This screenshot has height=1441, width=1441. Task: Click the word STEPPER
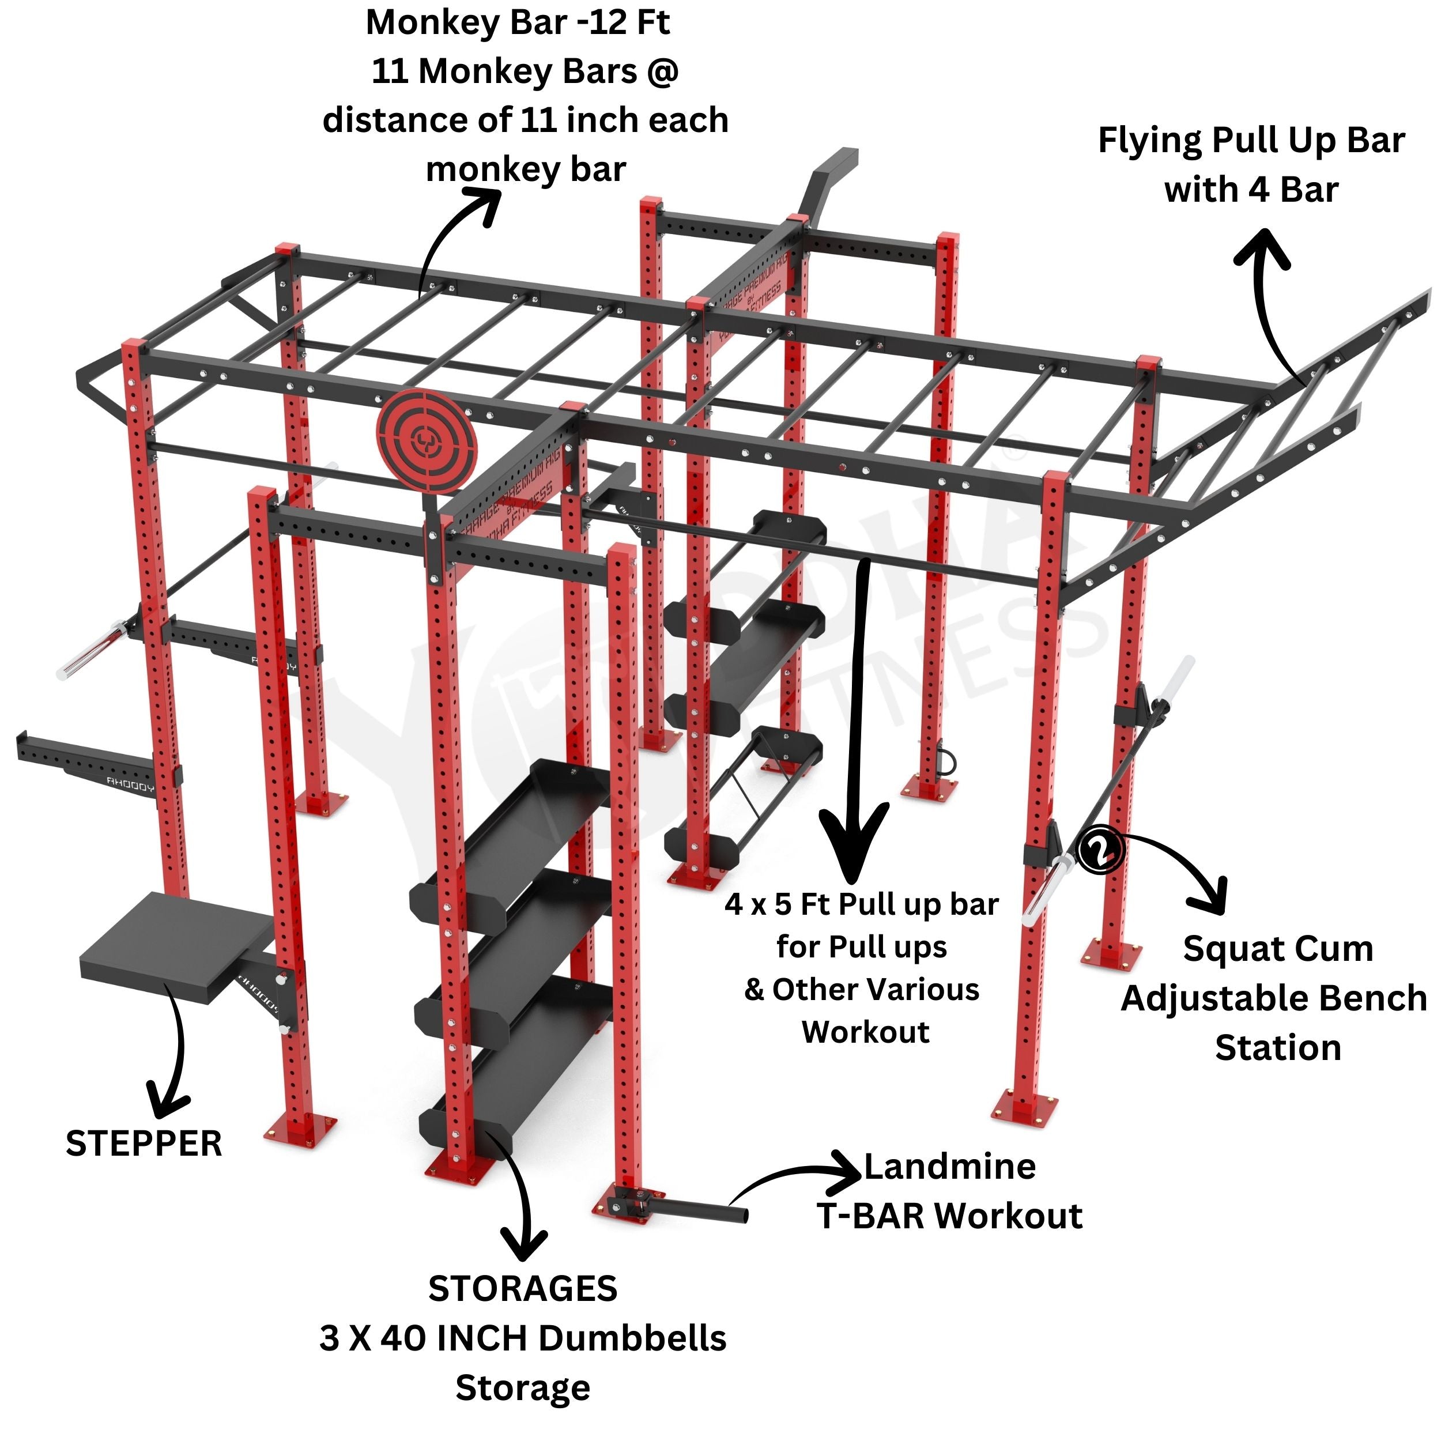coord(144,1144)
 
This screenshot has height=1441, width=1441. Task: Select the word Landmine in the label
coord(949,1167)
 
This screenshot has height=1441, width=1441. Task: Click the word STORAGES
coord(522,1289)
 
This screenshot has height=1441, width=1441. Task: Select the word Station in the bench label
coord(1278,1048)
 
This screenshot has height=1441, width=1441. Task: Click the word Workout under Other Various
coord(865,1032)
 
